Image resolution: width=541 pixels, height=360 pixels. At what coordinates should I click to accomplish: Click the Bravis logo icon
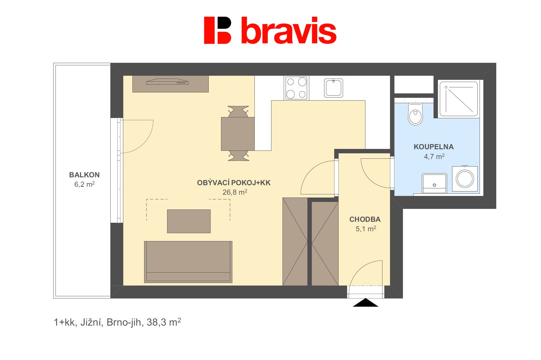218,30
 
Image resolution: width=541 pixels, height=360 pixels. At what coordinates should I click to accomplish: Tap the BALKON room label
84,175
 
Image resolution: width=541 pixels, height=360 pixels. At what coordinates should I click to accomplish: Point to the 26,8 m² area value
235,192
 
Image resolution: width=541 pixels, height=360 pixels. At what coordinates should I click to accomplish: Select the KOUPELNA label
433,147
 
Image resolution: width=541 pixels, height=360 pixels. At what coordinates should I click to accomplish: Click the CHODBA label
365,219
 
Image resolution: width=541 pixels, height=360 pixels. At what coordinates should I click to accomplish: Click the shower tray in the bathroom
459,99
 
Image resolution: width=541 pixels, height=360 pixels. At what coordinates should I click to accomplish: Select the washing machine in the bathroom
465,179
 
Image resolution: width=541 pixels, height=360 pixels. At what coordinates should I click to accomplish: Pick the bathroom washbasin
434,183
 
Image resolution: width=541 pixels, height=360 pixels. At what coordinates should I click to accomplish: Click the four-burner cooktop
296,88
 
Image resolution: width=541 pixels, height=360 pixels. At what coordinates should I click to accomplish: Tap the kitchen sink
334,88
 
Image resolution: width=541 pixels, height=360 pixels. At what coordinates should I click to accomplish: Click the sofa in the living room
188,262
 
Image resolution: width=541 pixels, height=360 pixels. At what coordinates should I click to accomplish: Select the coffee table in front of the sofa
189,221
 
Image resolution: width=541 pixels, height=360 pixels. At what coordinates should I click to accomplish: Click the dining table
238,134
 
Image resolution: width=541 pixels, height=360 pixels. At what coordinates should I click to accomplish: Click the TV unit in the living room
171,84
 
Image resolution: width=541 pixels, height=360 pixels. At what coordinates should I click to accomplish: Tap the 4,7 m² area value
434,156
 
